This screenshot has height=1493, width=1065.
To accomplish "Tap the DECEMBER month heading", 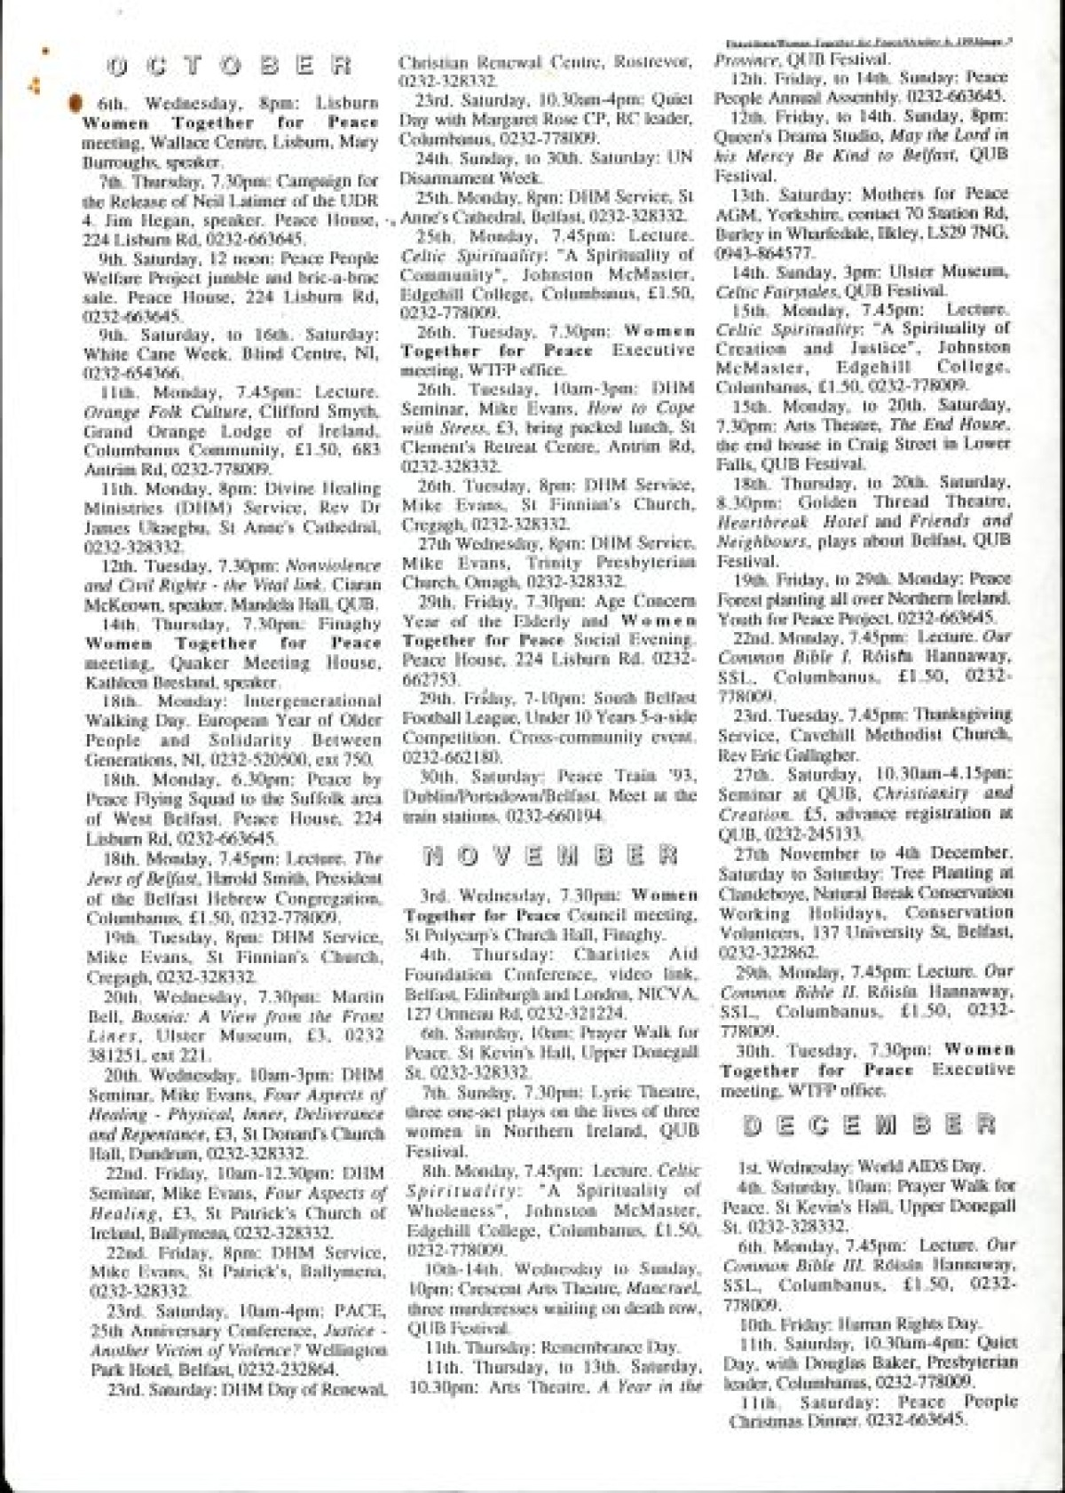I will [x=868, y=1126].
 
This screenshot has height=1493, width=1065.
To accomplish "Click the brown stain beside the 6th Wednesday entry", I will [x=75, y=103].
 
